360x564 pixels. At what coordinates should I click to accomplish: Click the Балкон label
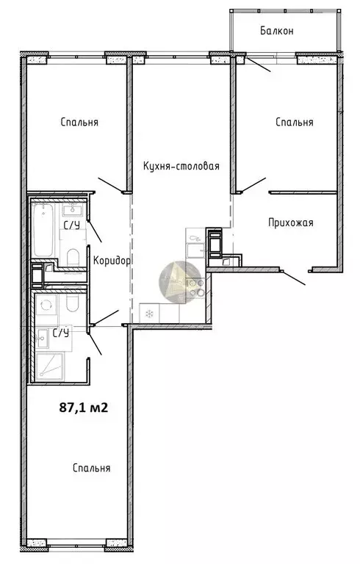(x=277, y=31)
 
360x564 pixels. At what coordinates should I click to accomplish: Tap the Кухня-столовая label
(x=181, y=166)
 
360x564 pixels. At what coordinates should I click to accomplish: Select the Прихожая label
(x=290, y=223)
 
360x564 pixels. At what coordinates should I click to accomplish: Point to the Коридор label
(x=112, y=261)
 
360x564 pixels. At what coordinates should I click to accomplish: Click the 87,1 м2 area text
(x=84, y=408)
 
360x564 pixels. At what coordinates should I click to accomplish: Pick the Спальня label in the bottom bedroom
(x=91, y=468)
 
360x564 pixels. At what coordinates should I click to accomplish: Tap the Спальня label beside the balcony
(x=294, y=123)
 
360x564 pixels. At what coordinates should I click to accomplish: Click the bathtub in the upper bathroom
(x=43, y=230)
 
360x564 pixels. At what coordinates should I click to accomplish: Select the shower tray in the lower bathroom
(x=50, y=366)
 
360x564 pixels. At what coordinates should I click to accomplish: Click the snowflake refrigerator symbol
(x=148, y=314)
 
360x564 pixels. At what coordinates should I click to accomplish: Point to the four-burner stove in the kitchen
(x=195, y=287)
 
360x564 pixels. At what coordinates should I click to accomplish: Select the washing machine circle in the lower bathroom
(x=46, y=305)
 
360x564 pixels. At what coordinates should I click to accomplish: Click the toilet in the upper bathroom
(x=73, y=257)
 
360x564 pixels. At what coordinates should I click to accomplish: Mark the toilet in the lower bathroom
(x=72, y=304)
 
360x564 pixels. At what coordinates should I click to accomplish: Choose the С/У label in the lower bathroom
(x=61, y=333)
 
